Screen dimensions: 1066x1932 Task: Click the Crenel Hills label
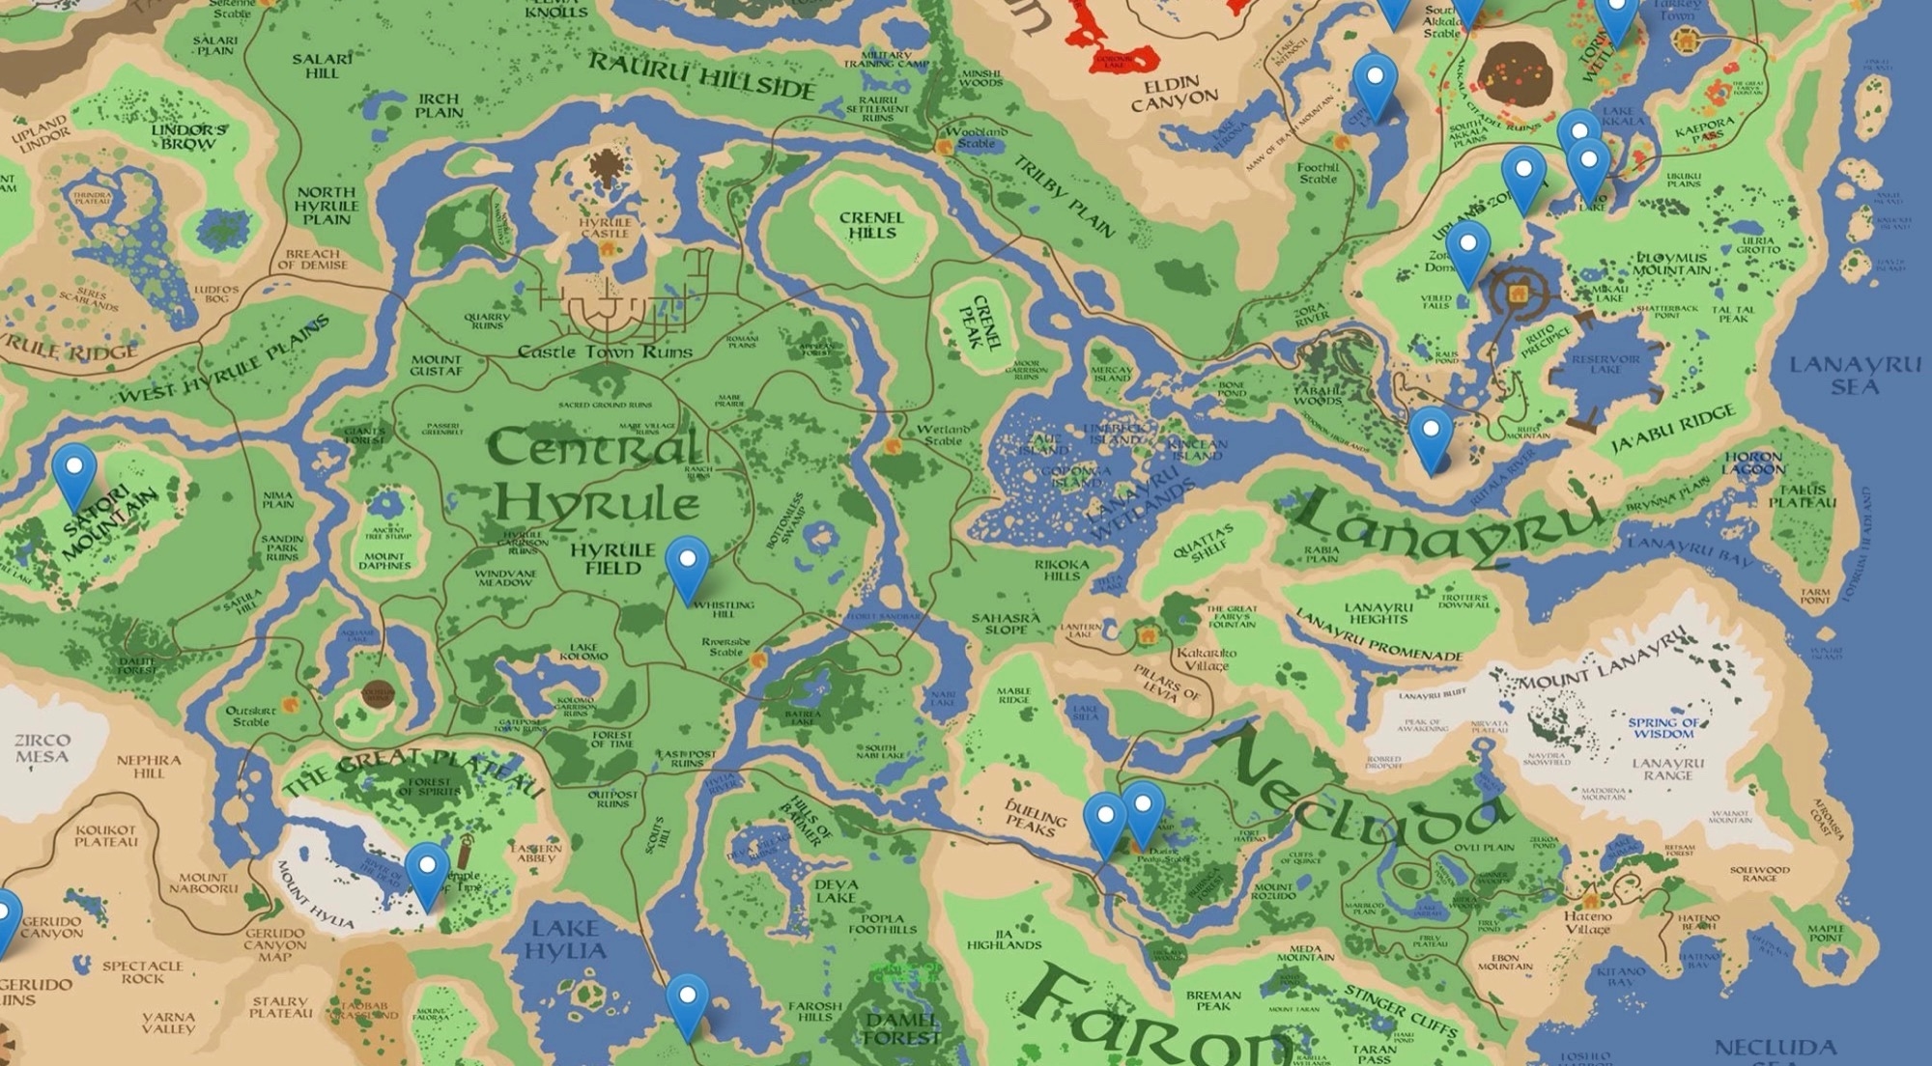pyautogui.click(x=871, y=225)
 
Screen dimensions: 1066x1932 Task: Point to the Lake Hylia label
pyautogui.click(x=565, y=940)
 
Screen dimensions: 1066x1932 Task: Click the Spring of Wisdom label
pyautogui.click(x=1663, y=728)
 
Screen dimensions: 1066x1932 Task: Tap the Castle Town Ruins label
pyautogui.click(x=605, y=351)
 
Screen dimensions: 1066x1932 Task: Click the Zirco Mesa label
pyautogui.click(x=43, y=748)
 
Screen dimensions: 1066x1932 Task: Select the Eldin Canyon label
pyautogui.click(x=1174, y=91)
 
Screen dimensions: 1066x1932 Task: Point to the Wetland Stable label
pyautogui.click(x=942, y=435)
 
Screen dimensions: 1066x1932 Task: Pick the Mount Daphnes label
pyautogui.click(x=384, y=561)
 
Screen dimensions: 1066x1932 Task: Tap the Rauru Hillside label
pyautogui.click(x=702, y=74)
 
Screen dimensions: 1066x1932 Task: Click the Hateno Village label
pyautogui.click(x=1587, y=922)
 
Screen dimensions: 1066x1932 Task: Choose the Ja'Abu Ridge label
pyautogui.click(x=1673, y=430)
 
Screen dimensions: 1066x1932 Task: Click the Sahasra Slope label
pyautogui.click(x=1006, y=624)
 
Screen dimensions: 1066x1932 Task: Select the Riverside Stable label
pyautogui.click(x=726, y=647)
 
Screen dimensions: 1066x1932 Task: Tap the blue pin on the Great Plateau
pyautogui.click(x=426, y=871)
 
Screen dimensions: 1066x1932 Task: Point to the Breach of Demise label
pyautogui.click(x=312, y=259)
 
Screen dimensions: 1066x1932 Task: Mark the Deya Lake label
pyautogui.click(x=835, y=890)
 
